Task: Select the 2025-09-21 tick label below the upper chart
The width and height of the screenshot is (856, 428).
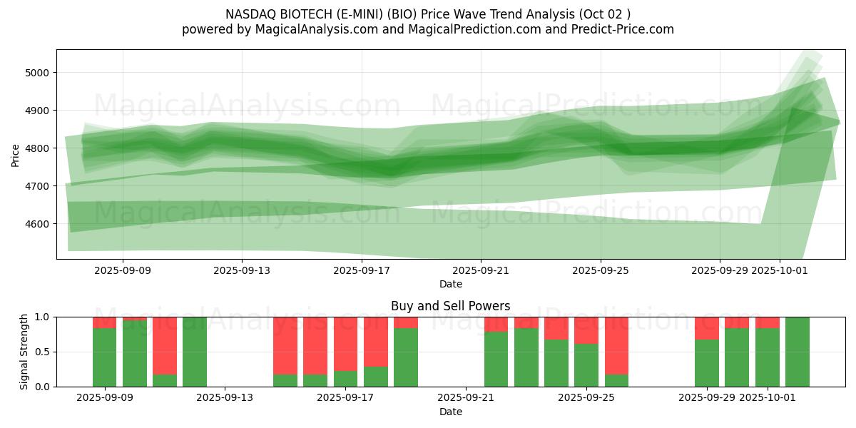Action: pos(481,271)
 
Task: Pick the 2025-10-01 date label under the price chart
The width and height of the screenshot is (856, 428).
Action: pos(779,271)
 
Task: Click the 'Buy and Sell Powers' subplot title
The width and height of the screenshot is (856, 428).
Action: pos(450,306)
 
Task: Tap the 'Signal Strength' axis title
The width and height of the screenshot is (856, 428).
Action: pos(24,352)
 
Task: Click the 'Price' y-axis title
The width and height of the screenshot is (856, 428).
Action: pos(16,154)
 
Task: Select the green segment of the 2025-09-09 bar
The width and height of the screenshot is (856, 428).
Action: pos(104,357)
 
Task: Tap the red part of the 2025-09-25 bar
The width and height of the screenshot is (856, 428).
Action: pos(586,330)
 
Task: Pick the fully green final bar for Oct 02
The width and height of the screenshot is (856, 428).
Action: pos(797,352)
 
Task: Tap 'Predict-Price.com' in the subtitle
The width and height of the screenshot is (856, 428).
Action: pos(625,29)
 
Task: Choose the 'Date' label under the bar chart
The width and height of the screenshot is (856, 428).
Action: pos(450,412)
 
